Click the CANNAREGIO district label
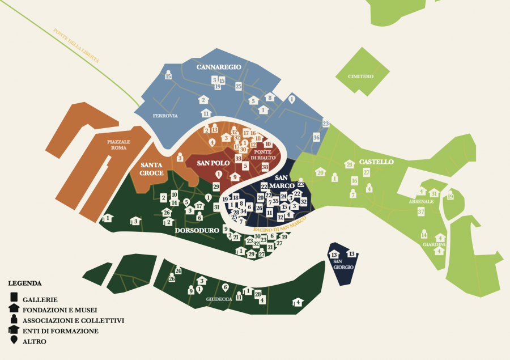tap(219, 67)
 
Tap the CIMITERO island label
tap(360, 76)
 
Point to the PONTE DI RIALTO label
tap(262, 154)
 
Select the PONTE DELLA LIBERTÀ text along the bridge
tap(76, 45)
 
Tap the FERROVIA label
tap(165, 116)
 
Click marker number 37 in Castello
tap(420, 211)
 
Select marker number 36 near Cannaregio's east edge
tap(316, 138)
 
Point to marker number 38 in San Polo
tap(265, 167)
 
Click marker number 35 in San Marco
tap(275, 201)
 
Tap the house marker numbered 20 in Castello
tap(320, 172)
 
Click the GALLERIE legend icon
tap(14, 298)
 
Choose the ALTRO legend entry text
tap(35, 341)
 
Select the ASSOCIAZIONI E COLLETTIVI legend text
tap(73, 320)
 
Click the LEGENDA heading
tap(25, 282)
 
